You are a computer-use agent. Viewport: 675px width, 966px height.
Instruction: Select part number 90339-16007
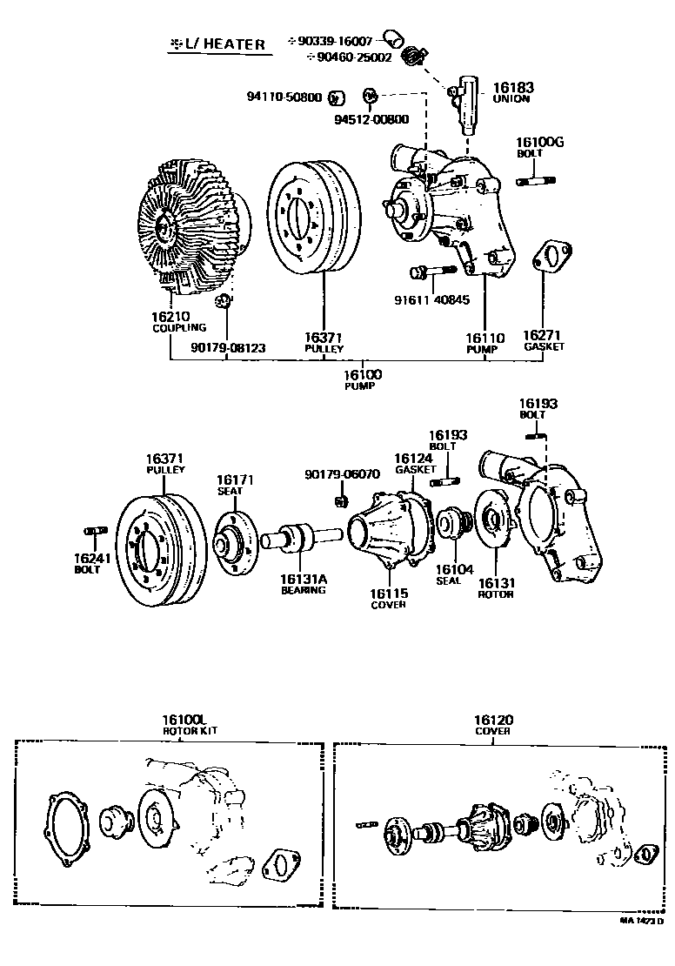(x=335, y=41)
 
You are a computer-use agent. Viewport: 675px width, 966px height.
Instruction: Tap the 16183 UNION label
(x=513, y=92)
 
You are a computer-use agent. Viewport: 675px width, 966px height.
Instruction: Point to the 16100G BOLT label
(x=539, y=146)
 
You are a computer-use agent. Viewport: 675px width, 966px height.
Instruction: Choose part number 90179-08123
(x=228, y=348)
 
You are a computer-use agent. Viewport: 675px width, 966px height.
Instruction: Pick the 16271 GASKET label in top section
(x=544, y=339)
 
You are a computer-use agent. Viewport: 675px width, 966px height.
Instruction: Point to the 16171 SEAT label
(x=234, y=485)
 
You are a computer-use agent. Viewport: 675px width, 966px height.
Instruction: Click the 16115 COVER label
(x=388, y=599)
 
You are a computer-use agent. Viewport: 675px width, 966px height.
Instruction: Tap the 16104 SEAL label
(x=453, y=574)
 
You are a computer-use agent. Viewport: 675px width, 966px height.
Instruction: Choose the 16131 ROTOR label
(x=496, y=587)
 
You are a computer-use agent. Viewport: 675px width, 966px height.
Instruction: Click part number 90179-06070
(x=342, y=474)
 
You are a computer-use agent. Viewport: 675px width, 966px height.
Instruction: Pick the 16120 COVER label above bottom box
(x=493, y=725)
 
